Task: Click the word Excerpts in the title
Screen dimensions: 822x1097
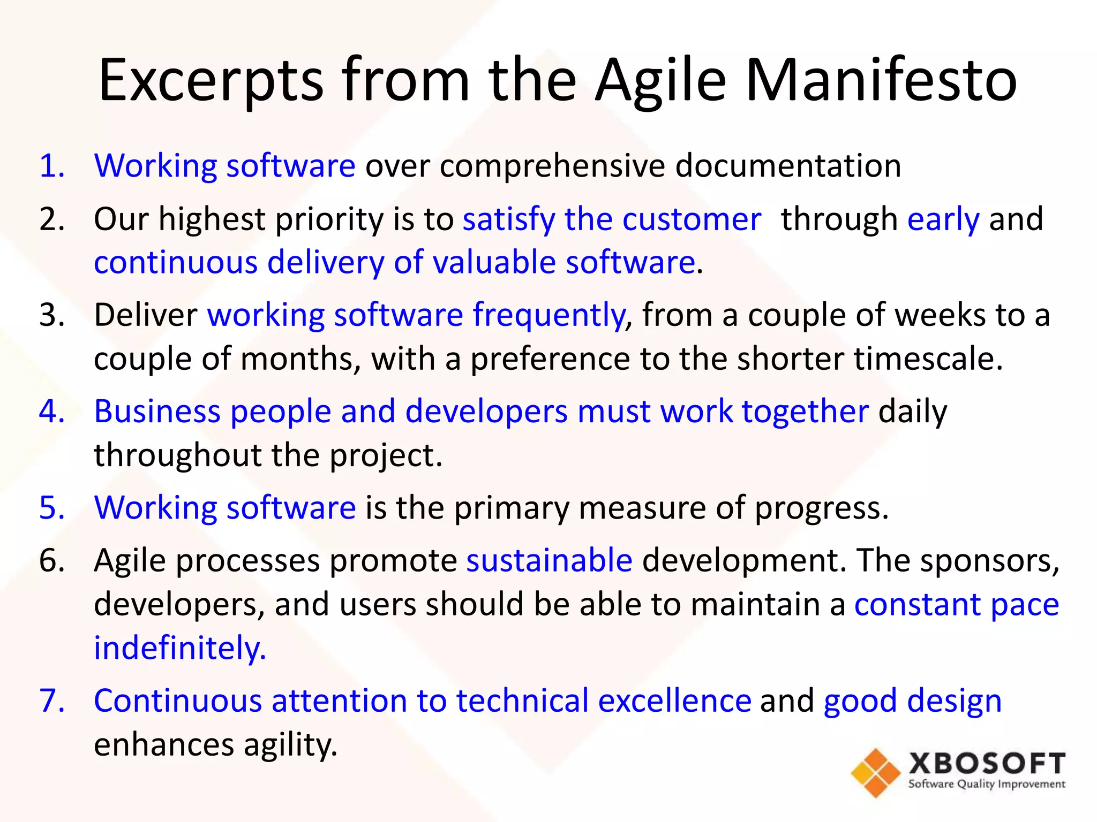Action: [211, 80]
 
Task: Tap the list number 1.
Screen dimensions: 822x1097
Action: [52, 165]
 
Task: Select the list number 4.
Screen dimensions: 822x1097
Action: [52, 412]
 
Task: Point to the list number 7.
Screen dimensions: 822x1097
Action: [52, 701]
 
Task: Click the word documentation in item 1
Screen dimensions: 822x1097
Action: [788, 165]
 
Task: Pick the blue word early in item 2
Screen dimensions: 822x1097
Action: [943, 219]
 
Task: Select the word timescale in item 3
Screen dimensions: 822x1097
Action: [927, 359]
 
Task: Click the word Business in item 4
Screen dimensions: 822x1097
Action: [157, 412]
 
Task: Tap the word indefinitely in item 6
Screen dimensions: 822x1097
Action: [179, 648]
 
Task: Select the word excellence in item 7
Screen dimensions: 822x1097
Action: [674, 701]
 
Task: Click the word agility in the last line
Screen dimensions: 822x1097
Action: [290, 745]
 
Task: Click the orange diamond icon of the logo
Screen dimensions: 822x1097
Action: [876, 773]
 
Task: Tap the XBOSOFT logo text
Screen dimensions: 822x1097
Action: [987, 764]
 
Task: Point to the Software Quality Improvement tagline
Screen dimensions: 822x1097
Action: [987, 785]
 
